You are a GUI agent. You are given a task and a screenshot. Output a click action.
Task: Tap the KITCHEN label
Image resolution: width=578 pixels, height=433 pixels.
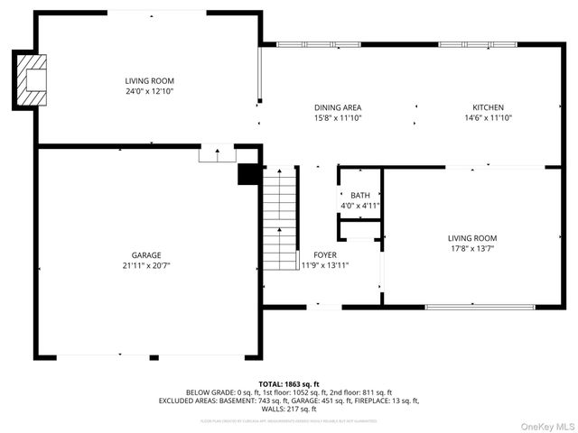click(488, 107)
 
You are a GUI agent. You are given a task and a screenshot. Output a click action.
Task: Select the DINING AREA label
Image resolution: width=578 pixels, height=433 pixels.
click(338, 107)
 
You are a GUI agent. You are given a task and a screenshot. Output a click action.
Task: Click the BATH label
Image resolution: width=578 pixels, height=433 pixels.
click(360, 196)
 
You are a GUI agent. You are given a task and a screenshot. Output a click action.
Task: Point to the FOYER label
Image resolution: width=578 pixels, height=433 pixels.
click(325, 255)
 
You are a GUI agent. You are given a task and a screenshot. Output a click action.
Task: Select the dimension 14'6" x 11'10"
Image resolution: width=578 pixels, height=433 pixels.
click(488, 117)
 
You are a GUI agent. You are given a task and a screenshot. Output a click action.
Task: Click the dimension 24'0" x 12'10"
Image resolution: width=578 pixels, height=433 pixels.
click(150, 91)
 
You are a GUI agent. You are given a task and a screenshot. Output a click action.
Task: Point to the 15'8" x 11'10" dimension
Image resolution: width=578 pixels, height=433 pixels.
click(338, 117)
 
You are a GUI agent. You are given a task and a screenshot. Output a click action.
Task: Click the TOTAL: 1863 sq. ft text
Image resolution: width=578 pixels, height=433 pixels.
click(289, 383)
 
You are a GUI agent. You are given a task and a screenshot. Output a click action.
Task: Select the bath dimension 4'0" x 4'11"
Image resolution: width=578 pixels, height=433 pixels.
click(360, 206)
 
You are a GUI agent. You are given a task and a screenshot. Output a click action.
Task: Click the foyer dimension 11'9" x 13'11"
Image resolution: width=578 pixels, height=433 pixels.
click(325, 265)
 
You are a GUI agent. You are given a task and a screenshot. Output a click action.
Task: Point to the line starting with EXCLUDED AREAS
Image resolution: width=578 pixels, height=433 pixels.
click(289, 400)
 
